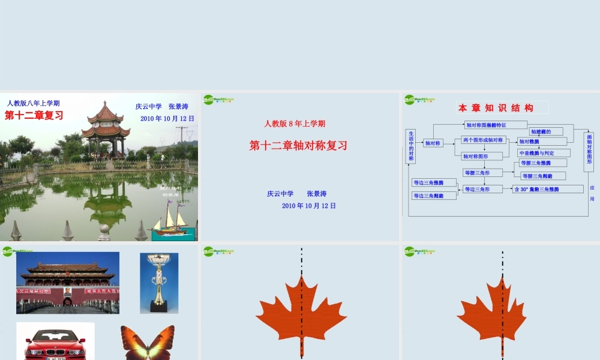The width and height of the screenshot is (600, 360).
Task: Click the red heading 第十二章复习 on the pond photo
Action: coord(34,116)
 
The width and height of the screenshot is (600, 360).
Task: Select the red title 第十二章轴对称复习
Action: coord(298,145)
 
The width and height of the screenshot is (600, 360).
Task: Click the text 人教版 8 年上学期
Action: coord(295,124)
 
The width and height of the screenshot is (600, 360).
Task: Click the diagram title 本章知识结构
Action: coord(496,108)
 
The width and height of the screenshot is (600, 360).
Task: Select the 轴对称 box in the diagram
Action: coord(433,143)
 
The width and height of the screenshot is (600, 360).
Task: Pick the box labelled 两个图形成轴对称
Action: coord(483,140)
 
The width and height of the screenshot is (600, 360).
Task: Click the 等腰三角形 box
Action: coord(482,173)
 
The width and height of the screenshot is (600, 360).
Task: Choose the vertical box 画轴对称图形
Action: coord(589,152)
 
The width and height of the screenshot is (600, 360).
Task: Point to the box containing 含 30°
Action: coord(547,189)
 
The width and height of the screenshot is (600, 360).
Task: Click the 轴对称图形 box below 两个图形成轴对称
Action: coord(482,156)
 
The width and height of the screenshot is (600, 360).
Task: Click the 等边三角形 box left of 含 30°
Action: coord(482,189)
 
